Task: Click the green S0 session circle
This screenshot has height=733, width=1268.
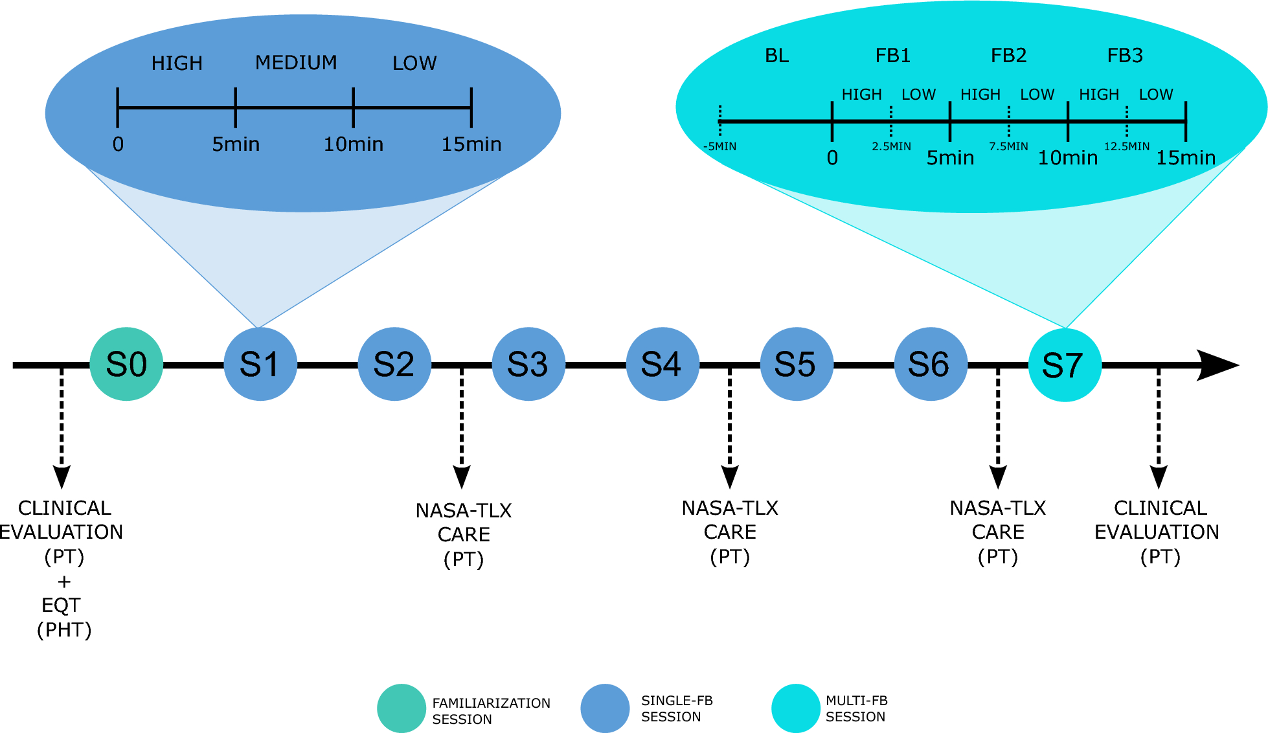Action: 126,364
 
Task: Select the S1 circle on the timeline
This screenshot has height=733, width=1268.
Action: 260,364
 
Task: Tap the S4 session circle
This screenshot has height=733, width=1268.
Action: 662,364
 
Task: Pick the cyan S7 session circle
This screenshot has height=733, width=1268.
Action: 1065,365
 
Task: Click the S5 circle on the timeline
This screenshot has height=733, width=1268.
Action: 797,364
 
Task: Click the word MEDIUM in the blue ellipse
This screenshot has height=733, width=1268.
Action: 296,63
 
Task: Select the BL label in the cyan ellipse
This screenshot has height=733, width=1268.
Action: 777,56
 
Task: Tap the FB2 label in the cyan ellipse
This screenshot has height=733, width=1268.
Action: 1008,56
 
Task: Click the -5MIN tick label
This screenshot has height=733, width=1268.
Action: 719,146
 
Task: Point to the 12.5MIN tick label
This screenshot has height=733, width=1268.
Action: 1127,146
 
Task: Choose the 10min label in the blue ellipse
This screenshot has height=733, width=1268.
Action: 354,144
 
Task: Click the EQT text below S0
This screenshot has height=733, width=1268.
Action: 61,605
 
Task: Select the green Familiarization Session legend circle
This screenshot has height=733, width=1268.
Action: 402,708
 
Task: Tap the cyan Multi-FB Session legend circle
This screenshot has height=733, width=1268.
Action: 796,708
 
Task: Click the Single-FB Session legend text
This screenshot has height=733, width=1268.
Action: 676,708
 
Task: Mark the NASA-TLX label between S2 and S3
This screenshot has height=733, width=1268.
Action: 464,511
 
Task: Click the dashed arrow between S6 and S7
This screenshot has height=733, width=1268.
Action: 998,427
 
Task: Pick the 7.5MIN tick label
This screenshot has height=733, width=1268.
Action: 1008,146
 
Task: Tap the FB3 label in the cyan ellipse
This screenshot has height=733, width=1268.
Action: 1125,56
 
